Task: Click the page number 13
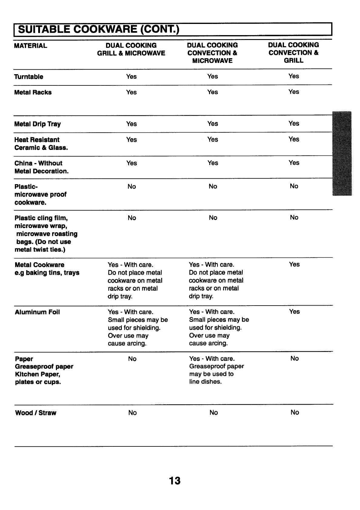coord(175,481)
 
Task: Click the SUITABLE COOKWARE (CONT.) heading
coord(98,30)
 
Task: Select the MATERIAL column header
coord(31,46)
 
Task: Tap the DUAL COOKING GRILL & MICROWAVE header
coord(131,49)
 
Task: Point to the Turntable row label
coord(29,77)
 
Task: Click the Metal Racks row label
coord(33,92)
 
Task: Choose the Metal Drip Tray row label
coord(38,124)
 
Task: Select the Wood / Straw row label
coord(36,413)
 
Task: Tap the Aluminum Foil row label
coord(37,312)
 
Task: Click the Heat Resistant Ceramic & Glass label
coord(41,144)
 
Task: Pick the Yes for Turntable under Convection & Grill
coord(294,76)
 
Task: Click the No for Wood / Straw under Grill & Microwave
coord(132,412)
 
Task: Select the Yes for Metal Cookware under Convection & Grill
coord(294,264)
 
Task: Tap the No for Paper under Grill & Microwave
coord(132,359)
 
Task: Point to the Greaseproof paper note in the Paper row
coord(216,370)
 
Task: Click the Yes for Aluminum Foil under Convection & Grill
coord(294,311)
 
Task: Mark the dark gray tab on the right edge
coord(342,154)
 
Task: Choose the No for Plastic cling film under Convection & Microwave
coord(213,217)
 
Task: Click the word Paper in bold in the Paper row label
coord(24,359)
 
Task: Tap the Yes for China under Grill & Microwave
coord(132,163)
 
